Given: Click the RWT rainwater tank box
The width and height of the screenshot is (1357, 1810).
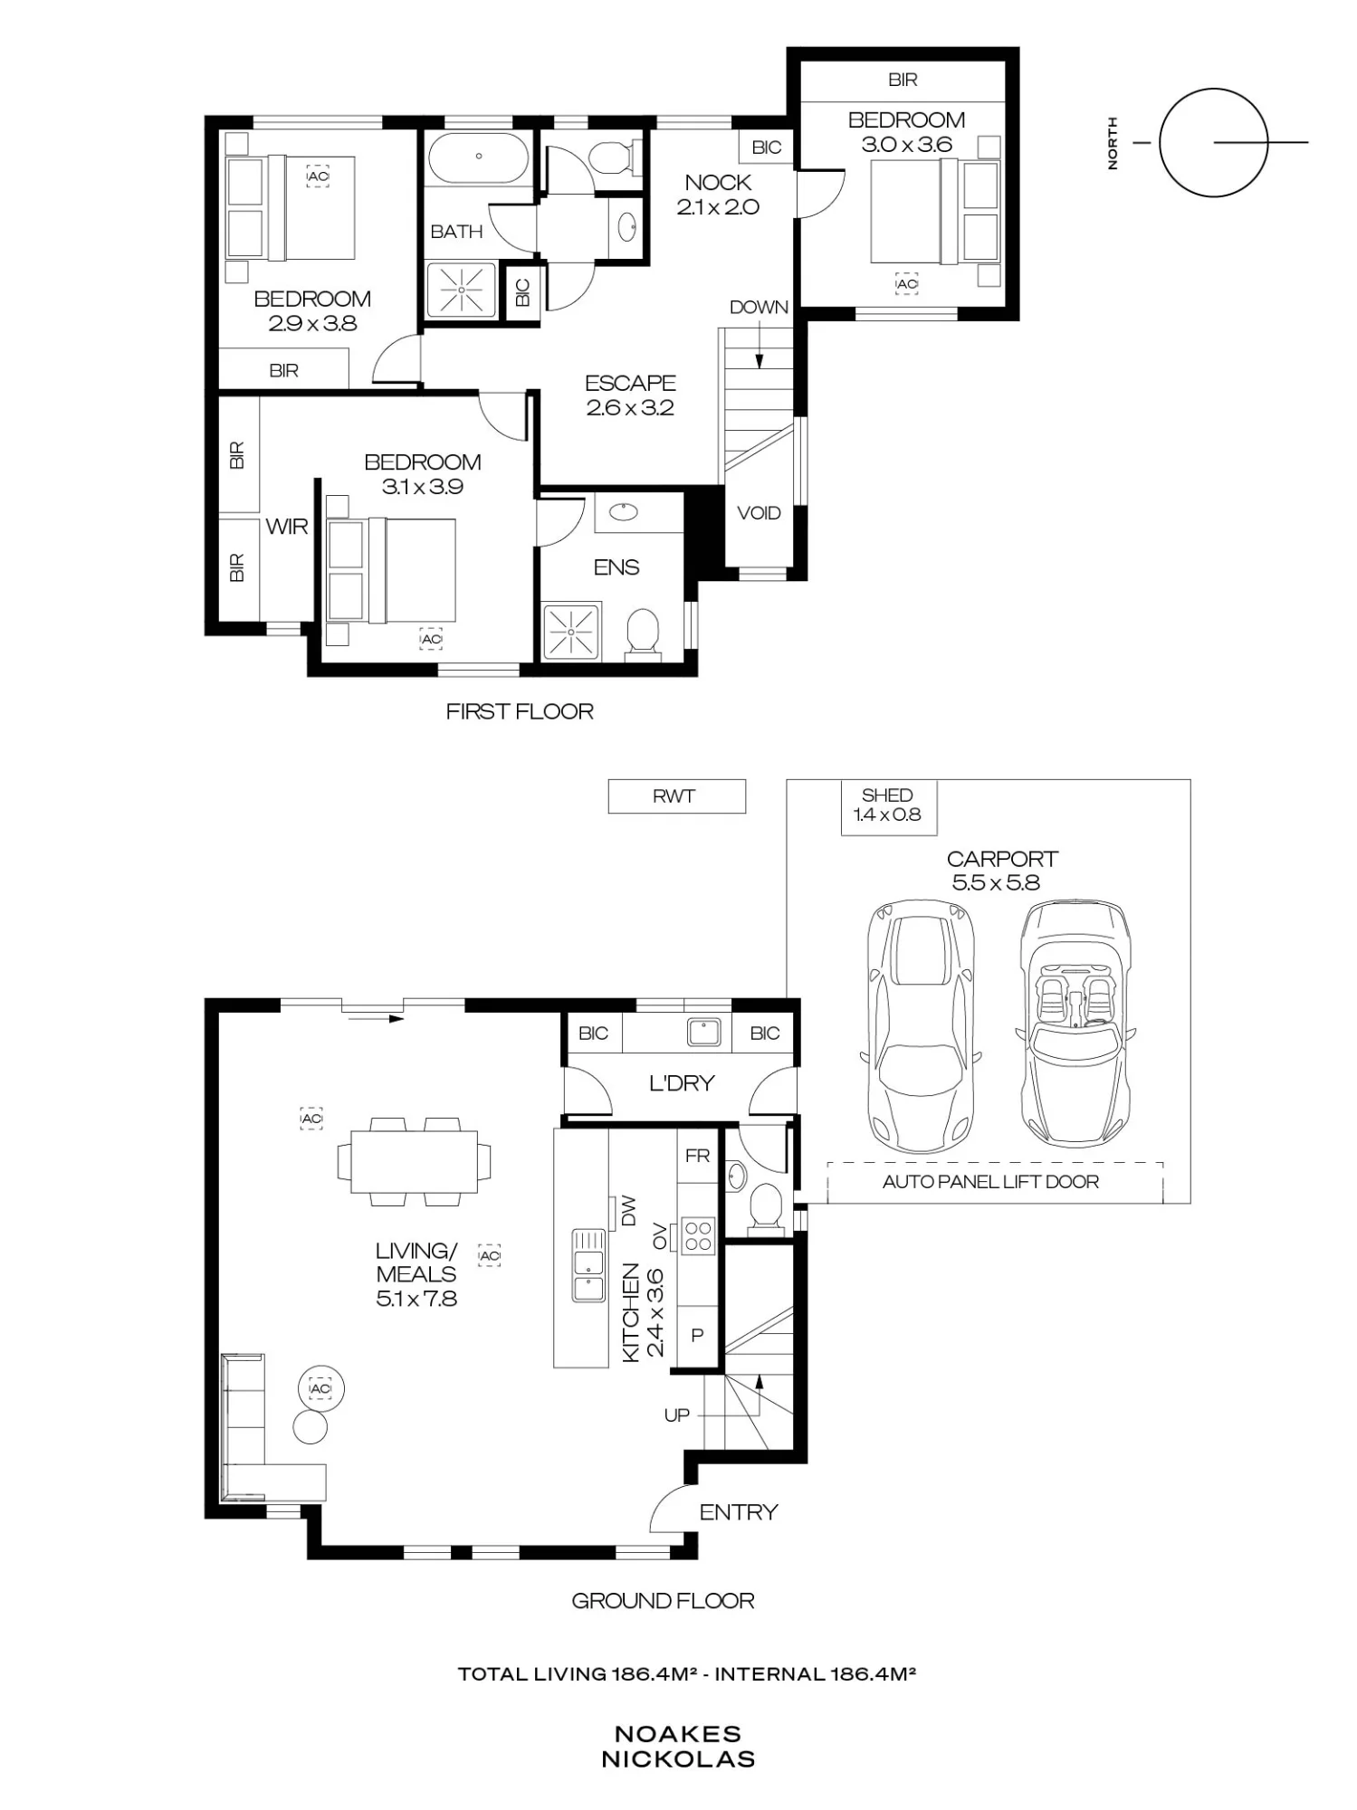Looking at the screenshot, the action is tap(676, 796).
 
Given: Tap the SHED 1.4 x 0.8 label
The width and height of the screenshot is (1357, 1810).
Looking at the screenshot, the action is tap(886, 805).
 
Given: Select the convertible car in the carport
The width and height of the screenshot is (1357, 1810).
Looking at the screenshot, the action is tap(1075, 1023).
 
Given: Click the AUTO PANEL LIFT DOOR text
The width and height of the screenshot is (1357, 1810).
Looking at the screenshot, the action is tap(990, 1181).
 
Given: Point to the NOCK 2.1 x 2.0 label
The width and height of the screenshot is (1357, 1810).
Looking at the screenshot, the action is tap(718, 195).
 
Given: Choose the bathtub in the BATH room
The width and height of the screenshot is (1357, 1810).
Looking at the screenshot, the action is tap(478, 157).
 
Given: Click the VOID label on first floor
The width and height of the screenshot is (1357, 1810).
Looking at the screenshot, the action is tap(759, 513).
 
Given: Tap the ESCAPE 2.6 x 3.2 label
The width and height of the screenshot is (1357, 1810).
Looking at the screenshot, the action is tap(630, 395).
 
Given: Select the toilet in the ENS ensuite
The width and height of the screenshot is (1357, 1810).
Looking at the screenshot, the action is tap(643, 631).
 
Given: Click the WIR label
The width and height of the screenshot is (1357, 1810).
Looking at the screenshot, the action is tap(287, 526).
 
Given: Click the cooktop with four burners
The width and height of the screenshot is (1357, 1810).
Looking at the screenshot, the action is tap(698, 1235).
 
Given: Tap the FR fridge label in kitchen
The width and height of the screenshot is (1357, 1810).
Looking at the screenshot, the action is tap(698, 1156).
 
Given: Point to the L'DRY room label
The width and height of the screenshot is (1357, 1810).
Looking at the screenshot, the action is tap(682, 1083).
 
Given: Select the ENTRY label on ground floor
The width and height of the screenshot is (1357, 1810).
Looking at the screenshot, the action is tap(739, 1512).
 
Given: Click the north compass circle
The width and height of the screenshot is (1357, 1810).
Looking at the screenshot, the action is tap(1213, 142).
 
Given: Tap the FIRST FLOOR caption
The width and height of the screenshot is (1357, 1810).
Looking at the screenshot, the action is tap(520, 711).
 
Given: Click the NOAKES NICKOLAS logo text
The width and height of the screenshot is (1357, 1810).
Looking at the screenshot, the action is tap(678, 1747).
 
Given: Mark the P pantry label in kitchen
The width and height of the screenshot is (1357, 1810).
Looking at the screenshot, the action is tap(697, 1335).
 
